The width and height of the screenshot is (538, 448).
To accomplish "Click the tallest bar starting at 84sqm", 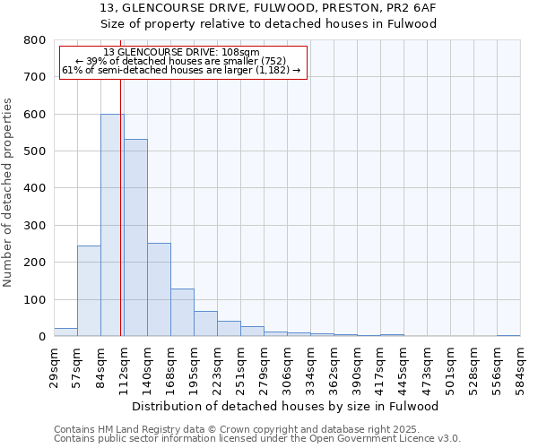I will pyautogui.click(x=112, y=225).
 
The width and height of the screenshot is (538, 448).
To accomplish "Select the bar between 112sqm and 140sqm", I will pyautogui.click(x=135, y=237).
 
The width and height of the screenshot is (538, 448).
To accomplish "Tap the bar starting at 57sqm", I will pyautogui.click(x=89, y=290).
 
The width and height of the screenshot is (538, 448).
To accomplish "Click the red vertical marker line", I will pyautogui.click(x=120, y=224).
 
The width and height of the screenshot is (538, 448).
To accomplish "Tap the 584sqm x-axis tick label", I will pyautogui.click(x=520, y=366).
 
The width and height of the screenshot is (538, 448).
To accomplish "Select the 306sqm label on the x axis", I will pyautogui.click(x=287, y=366).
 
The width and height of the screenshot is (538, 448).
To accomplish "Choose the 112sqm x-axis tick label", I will pyautogui.click(x=124, y=366).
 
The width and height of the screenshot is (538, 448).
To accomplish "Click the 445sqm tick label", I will pyautogui.click(x=403, y=366).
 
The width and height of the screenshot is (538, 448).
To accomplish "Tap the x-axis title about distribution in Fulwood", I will pyautogui.click(x=286, y=406).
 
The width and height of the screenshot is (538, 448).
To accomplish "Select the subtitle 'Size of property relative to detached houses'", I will pyautogui.click(x=268, y=24).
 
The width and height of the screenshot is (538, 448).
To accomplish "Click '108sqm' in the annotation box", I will pyautogui.click(x=240, y=52).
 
